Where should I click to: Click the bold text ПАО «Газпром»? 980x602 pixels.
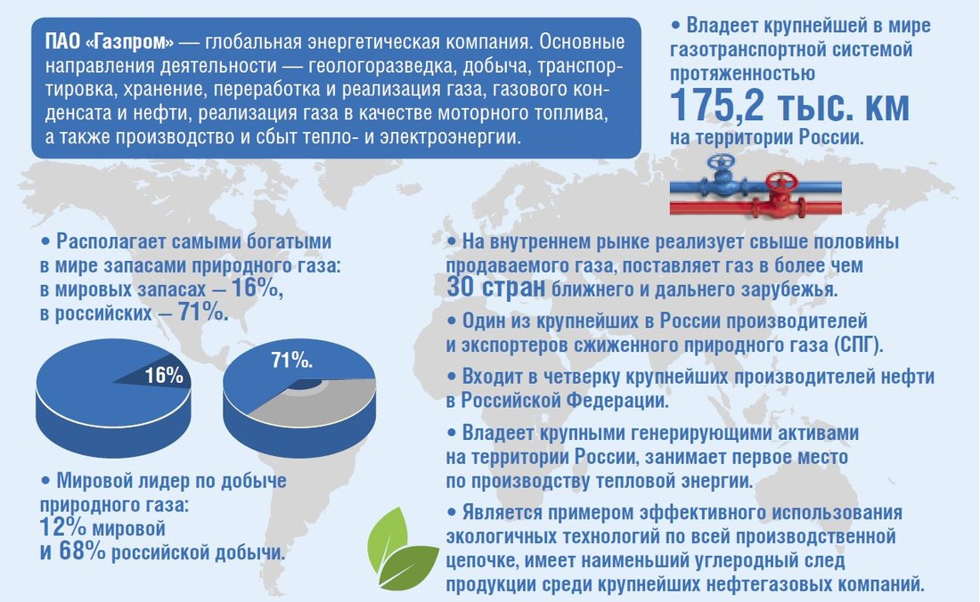(x=110, y=42)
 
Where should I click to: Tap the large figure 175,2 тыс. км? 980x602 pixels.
(x=789, y=105)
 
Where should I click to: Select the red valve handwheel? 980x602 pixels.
(x=782, y=183)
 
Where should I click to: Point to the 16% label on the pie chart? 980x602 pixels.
(x=165, y=375)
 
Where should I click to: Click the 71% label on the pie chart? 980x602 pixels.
(x=292, y=361)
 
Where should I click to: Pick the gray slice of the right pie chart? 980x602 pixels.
(x=313, y=402)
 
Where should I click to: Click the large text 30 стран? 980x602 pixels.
(x=495, y=288)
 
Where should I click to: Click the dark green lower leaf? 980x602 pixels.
(x=409, y=566)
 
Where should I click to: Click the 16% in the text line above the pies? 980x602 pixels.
(x=256, y=288)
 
